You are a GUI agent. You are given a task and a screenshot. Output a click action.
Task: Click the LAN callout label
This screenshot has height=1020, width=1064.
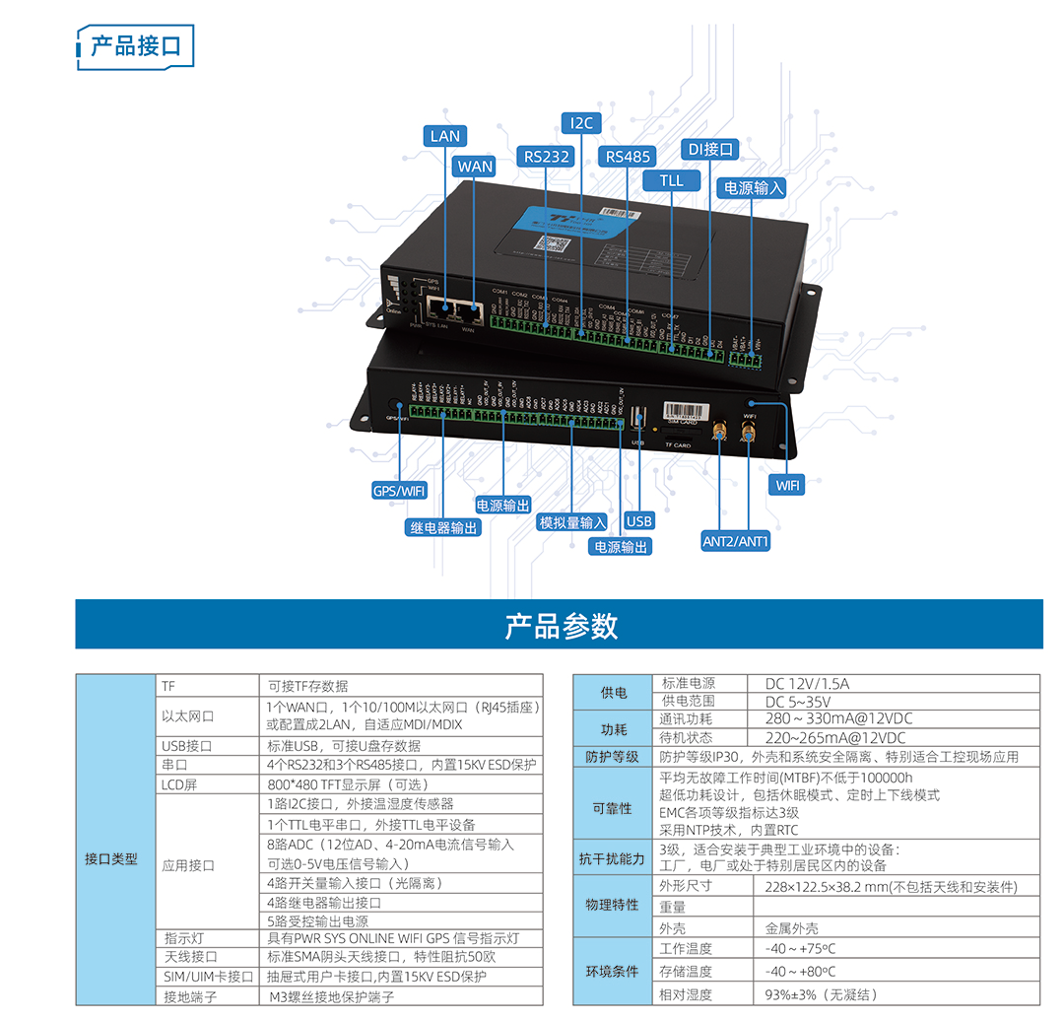445,136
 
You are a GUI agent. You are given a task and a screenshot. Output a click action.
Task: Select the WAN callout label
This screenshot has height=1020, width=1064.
474,167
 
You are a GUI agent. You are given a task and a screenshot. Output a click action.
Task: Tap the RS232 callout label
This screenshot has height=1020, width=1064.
546,157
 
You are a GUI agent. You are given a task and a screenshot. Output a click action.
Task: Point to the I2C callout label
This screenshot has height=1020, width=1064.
581,123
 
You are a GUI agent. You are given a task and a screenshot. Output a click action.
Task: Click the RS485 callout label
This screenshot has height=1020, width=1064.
628,157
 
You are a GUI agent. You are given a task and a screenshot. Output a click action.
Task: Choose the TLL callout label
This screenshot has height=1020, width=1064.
671,181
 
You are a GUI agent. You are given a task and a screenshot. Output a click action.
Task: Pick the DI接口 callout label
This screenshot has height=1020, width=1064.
710,149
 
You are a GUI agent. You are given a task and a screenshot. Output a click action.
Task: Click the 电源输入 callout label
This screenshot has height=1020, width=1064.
754,187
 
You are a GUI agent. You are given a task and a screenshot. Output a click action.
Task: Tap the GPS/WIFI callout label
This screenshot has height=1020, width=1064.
399,491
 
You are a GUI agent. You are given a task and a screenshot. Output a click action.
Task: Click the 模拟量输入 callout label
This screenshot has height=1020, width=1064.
573,522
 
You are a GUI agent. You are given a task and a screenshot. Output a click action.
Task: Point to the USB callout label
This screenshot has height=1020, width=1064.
639,521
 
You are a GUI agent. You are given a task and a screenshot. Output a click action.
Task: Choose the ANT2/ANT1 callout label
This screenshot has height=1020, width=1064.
735,541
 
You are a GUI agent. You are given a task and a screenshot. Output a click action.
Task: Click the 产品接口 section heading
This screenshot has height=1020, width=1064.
136,46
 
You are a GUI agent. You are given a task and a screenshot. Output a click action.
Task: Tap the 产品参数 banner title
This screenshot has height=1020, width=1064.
561,626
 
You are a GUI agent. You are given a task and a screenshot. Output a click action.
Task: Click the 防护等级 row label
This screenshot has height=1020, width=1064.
613,757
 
